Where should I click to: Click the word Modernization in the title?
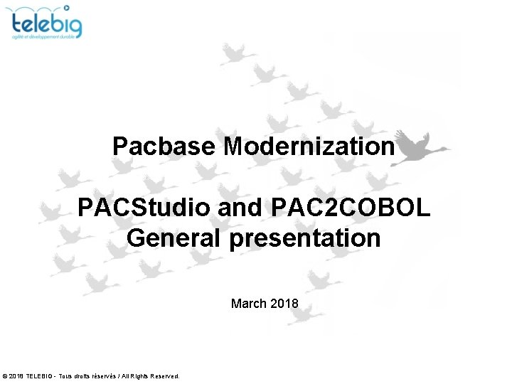click(309, 146)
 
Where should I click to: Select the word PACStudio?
click(144, 208)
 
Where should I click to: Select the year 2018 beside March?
click(284, 304)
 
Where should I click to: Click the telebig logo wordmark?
click(47, 24)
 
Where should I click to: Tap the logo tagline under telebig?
click(47, 38)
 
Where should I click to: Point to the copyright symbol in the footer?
click(6, 375)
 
